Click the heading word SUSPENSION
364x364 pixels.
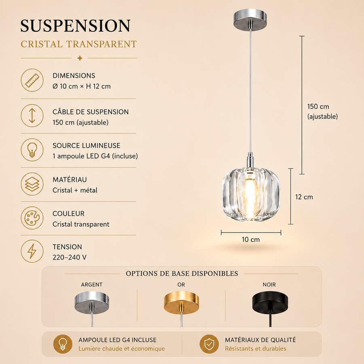[76, 25]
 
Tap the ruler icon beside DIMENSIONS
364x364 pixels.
[32, 80]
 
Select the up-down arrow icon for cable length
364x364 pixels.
[32, 116]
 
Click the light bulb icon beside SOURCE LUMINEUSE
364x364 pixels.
[32, 150]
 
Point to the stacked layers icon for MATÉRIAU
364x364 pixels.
[32, 184]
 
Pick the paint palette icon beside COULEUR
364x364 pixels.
[32, 218]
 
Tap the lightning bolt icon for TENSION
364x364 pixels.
[32, 251]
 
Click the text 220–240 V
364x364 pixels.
[70, 258]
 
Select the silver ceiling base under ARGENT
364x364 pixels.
[92, 302]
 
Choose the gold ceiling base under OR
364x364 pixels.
[181, 302]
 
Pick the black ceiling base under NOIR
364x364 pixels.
[270, 302]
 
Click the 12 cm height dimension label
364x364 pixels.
[304, 197]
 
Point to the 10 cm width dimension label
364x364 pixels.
[251, 239]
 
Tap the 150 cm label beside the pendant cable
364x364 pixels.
[318, 106]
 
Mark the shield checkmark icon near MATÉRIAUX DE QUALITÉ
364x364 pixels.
[209, 344]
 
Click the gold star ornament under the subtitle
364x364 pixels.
[80, 58]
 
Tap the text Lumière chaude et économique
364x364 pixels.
[122, 349]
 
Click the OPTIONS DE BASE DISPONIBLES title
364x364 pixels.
[182, 273]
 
